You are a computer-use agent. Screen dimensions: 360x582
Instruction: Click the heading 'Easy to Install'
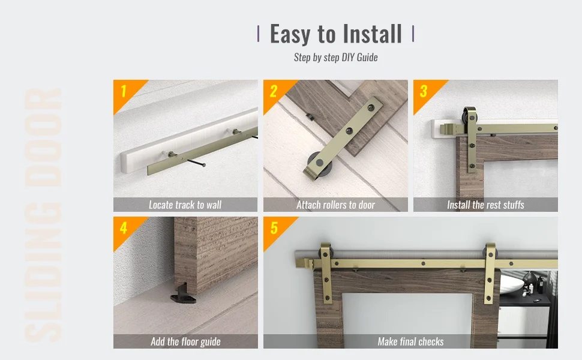(335, 34)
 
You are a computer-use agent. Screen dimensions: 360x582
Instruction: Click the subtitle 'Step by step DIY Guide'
(335, 58)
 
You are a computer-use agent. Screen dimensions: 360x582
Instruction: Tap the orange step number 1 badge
(124, 92)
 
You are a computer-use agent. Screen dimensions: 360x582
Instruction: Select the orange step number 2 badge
(274, 92)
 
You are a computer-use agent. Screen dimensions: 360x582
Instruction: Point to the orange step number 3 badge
(424, 92)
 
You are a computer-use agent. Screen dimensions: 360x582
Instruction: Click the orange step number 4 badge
(124, 229)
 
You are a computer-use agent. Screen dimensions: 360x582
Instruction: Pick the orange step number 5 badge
(274, 229)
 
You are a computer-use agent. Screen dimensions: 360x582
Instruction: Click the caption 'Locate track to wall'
(185, 205)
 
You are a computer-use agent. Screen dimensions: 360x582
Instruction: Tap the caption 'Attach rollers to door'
(335, 205)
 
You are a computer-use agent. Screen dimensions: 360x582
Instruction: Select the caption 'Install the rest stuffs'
(485, 205)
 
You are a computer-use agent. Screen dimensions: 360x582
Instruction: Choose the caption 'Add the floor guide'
(185, 341)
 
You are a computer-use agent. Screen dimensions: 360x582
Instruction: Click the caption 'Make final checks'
(410, 341)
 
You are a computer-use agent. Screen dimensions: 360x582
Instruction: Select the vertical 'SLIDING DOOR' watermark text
(43, 216)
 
